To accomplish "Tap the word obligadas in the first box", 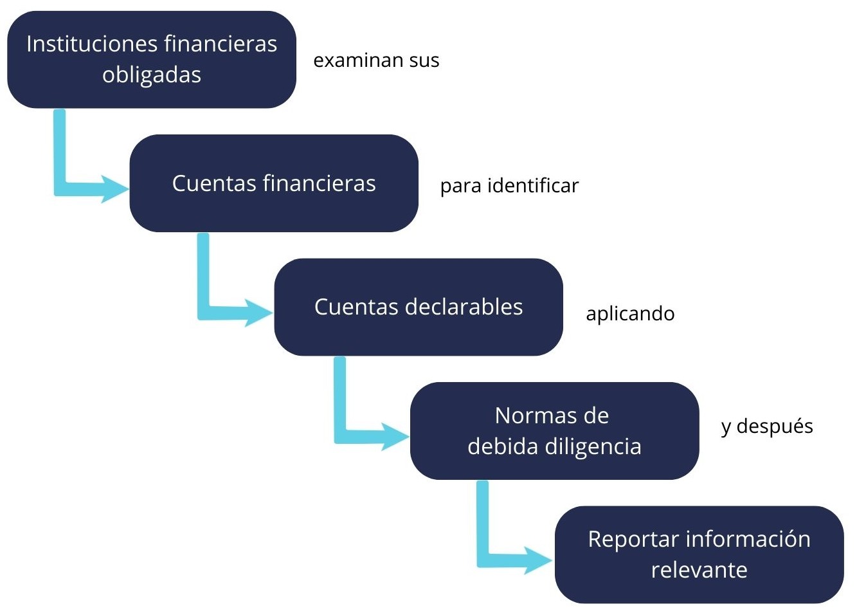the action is tap(152, 75).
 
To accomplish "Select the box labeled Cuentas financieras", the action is tap(274, 183).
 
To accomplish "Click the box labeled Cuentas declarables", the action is tap(419, 307).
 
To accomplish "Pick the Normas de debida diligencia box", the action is tap(554, 431).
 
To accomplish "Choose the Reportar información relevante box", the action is tap(699, 554).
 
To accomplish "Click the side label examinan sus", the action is tap(376, 60).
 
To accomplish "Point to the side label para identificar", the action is tap(509, 186).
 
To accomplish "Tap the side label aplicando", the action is tap(630, 314).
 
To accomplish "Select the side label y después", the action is tap(766, 427).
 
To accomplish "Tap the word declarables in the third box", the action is tap(464, 307).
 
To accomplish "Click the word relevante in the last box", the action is tap(699, 570).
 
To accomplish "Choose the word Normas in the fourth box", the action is tap(532, 416).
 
